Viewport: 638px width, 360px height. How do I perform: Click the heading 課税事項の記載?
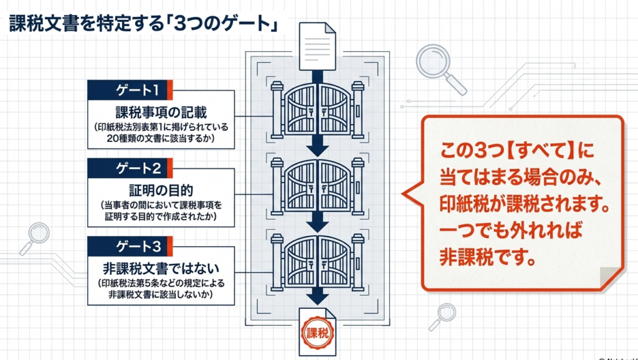(x=161, y=113)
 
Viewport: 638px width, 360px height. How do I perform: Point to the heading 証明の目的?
(x=161, y=190)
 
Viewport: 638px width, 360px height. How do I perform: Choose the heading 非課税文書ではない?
(x=161, y=268)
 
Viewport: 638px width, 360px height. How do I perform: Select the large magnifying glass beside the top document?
(x=439, y=65)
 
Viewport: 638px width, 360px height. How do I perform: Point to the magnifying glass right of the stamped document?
(x=444, y=315)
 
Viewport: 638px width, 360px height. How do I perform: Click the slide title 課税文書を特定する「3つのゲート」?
(x=143, y=24)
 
